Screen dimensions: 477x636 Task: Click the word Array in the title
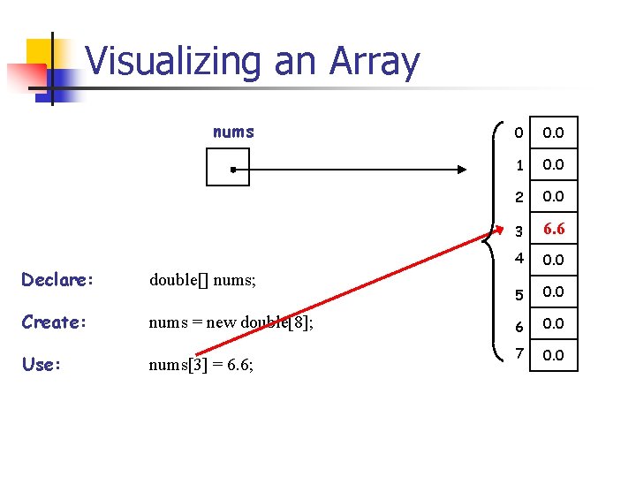pos(374,62)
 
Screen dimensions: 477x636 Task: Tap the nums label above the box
pos(233,132)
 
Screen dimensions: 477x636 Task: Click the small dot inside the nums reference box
pos(229,168)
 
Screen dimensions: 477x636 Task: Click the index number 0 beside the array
pos(519,132)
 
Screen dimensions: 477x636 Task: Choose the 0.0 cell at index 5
pos(554,291)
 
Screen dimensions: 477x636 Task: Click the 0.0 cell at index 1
pos(554,164)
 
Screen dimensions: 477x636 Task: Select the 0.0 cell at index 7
pos(554,355)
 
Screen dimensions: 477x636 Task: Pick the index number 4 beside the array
pos(519,260)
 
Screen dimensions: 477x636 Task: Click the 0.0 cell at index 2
pos(554,196)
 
